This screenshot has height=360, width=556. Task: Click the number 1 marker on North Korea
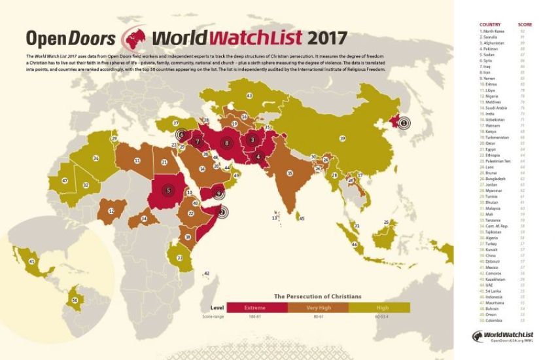coord(404,122)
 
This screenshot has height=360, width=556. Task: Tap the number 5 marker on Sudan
coord(169,190)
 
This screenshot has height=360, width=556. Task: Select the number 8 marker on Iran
coord(227,143)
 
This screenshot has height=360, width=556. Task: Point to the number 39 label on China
coord(342,139)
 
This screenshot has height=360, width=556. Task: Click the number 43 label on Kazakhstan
coord(249,96)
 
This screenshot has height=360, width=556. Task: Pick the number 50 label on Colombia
coord(75,300)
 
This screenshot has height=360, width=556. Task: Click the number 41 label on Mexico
coord(31,261)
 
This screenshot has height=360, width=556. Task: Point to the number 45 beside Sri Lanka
coord(302,219)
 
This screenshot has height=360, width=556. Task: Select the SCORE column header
coord(525,24)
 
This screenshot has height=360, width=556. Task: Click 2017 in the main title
coord(321,36)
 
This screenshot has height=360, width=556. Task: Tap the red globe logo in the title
coord(134,37)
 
